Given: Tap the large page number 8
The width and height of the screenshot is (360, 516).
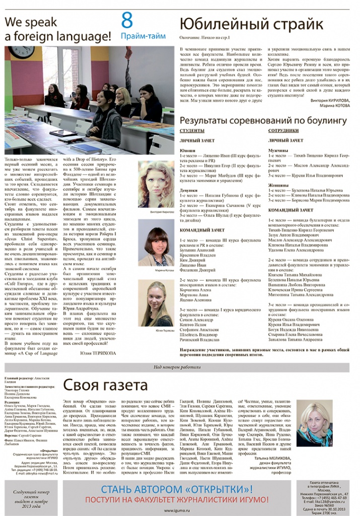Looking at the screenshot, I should tap(127, 21).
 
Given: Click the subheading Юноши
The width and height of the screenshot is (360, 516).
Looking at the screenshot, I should tap(187, 151).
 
